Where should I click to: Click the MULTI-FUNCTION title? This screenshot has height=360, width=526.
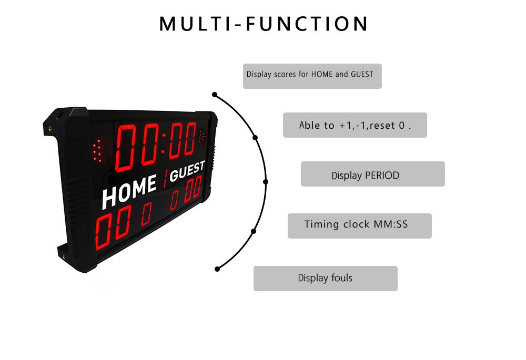pyautogui.click(x=264, y=24)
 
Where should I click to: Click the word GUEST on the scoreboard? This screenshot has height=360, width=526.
pyautogui.click(x=187, y=171)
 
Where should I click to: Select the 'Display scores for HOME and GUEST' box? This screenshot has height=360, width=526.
pyautogui.click(x=312, y=76)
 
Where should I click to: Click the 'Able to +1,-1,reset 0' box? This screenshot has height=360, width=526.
pyautogui.click(x=355, y=125)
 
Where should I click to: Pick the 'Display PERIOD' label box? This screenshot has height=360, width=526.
pyautogui.click(x=373, y=174)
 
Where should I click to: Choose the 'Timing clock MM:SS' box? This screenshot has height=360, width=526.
pyautogui.click(x=360, y=226)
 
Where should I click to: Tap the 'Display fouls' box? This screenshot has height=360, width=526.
pyautogui.click(x=326, y=279)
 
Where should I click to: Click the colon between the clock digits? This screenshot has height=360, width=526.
pyautogui.click(x=164, y=143)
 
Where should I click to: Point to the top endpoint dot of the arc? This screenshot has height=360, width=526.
pyautogui.click(x=215, y=95)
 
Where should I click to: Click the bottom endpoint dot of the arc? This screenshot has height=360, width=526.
pyautogui.click(x=217, y=269)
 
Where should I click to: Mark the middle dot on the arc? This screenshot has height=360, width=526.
pyautogui.click(x=266, y=182)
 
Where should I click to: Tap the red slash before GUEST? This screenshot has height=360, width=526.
pyautogui.click(x=165, y=178)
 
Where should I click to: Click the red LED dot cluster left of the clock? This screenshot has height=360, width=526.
pyautogui.click(x=97, y=150)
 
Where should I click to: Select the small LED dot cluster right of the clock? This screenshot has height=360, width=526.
pyautogui.click(x=202, y=136)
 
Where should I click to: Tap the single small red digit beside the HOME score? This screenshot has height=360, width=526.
pyautogui.click(x=146, y=214)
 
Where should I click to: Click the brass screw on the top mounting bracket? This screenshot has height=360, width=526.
pyautogui.click(x=50, y=128)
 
